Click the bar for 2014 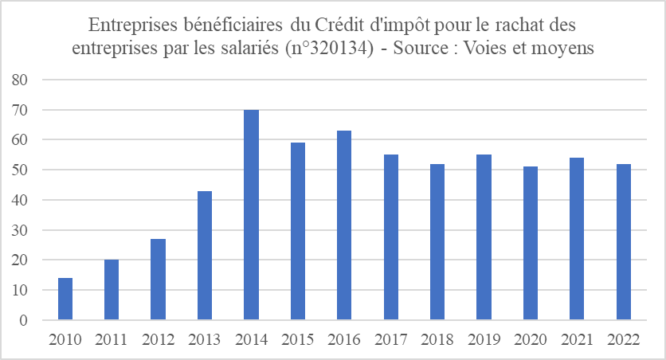click(x=251, y=215)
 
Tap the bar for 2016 click(x=343, y=225)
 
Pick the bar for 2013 click(x=205, y=256)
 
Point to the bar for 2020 click(x=530, y=244)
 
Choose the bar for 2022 click(x=622, y=242)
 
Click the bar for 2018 click(x=437, y=242)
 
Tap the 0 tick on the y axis click(x=23, y=321)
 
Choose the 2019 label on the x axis click(x=483, y=340)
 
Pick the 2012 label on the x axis click(x=158, y=340)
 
